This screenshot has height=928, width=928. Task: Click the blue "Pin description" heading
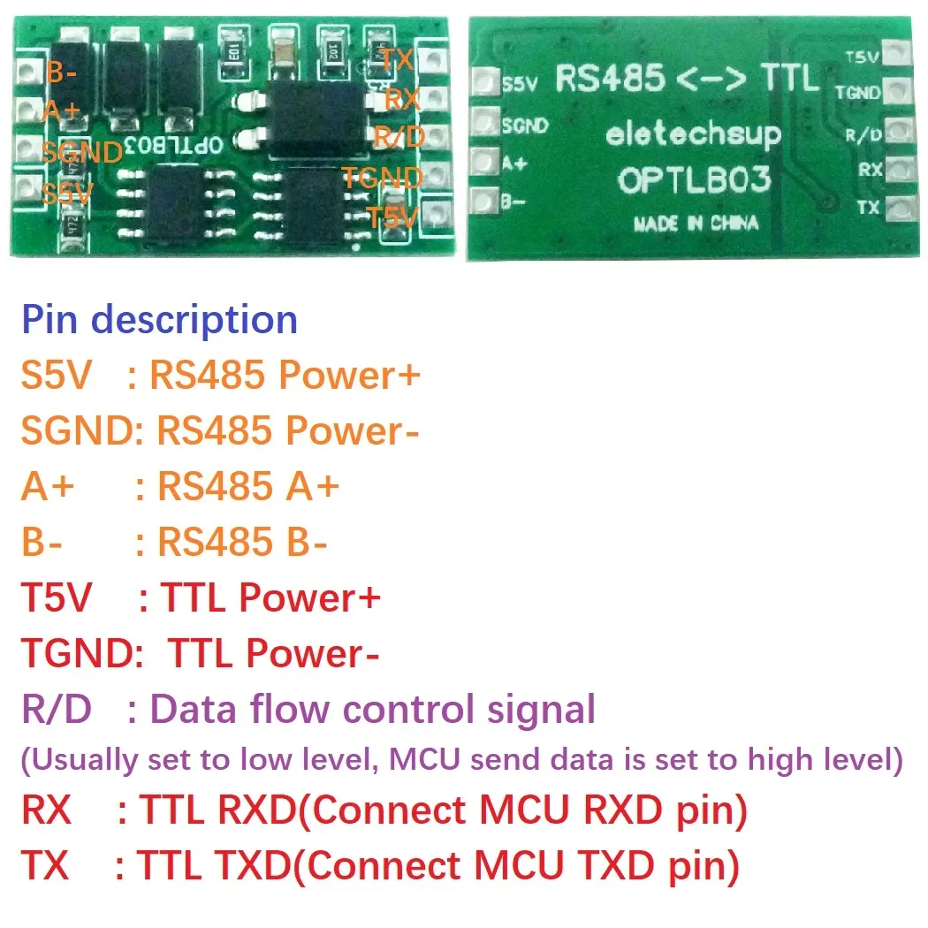coord(159,319)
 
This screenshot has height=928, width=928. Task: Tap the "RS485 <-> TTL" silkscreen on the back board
coord(687,79)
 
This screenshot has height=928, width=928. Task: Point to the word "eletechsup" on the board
coord(694,134)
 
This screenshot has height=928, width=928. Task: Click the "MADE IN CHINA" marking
coord(696,223)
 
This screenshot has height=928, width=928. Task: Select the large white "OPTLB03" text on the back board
coord(694,179)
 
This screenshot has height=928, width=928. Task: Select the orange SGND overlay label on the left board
coord(81,152)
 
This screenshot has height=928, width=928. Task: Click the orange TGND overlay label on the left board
coord(382,178)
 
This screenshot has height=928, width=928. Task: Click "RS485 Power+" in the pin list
coord(285,376)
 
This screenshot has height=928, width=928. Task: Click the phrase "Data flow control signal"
coord(372,709)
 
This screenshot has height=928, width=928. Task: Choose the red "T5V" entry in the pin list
coord(56,598)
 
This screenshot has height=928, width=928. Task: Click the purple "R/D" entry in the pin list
coord(55,709)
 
